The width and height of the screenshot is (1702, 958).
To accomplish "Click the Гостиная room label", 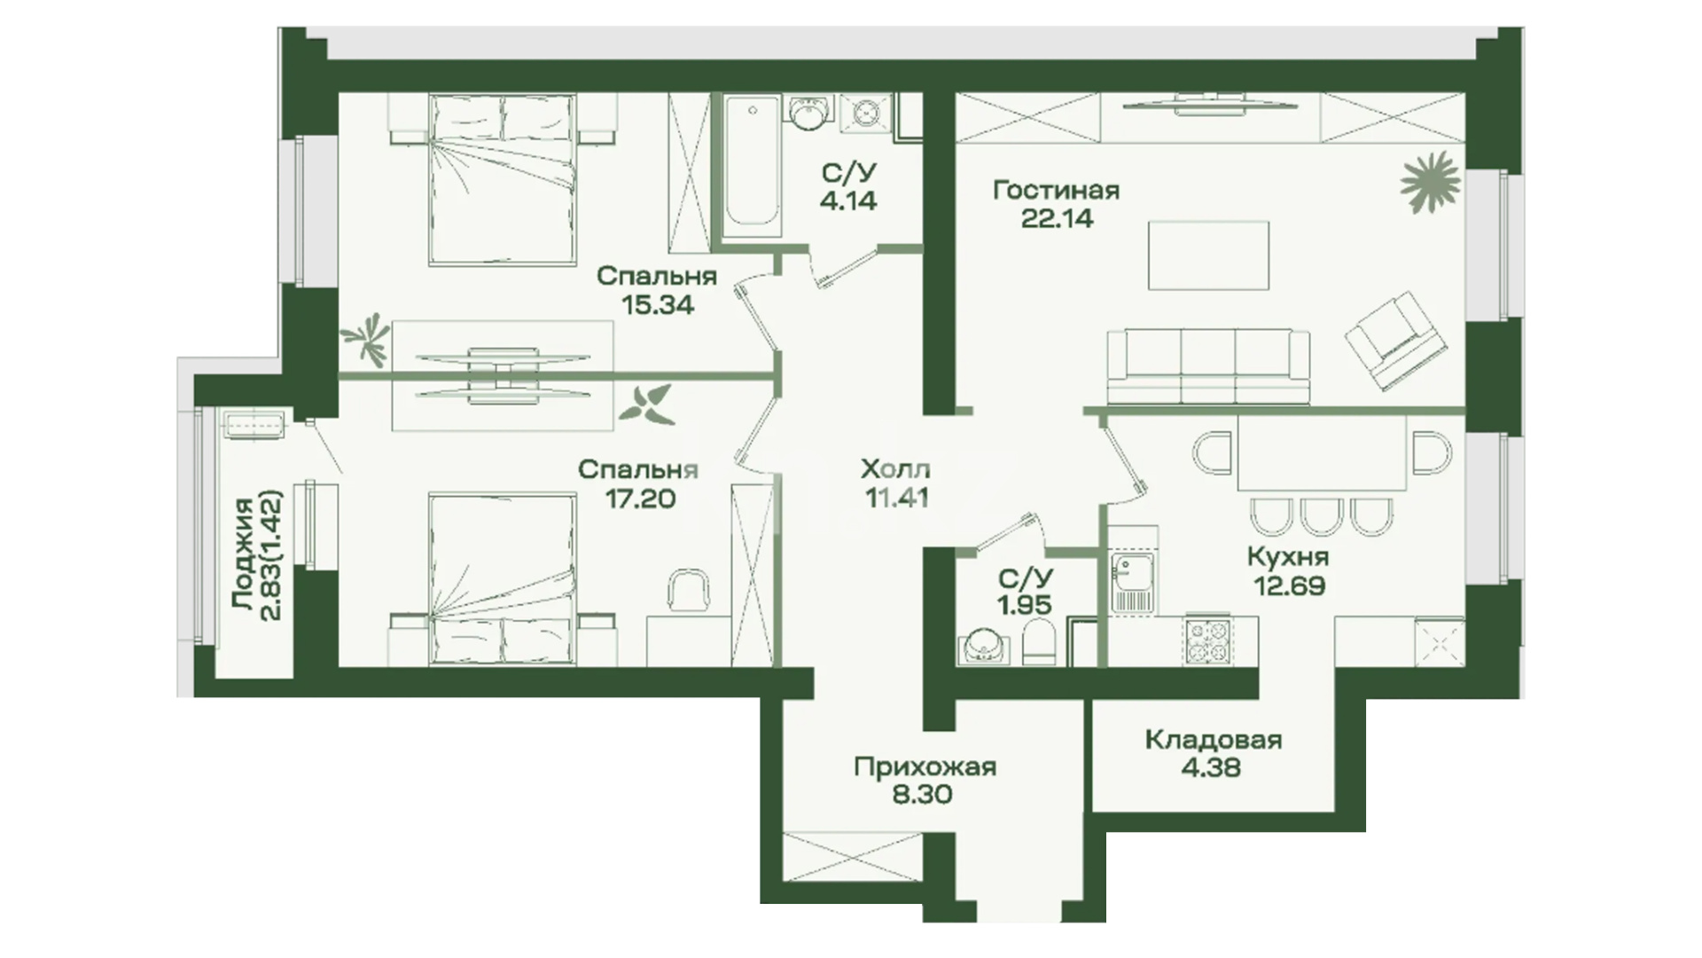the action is (1056, 190).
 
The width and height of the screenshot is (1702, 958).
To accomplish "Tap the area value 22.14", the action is (1057, 218).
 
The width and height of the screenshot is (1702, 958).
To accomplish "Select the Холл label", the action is (895, 468).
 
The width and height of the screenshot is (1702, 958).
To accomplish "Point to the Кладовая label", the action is (1214, 739).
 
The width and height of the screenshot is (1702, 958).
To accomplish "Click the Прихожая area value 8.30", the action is (924, 794).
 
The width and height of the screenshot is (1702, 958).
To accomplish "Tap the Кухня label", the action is (1288, 557).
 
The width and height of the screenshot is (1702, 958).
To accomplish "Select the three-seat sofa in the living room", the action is (1208, 366).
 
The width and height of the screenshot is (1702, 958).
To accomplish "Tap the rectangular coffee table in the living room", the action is (1208, 255).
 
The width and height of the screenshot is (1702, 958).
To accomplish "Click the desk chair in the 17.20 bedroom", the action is (690, 590).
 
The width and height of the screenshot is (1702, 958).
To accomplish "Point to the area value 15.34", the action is (657, 305).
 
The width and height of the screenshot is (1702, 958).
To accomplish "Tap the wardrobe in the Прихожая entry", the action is (853, 857).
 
